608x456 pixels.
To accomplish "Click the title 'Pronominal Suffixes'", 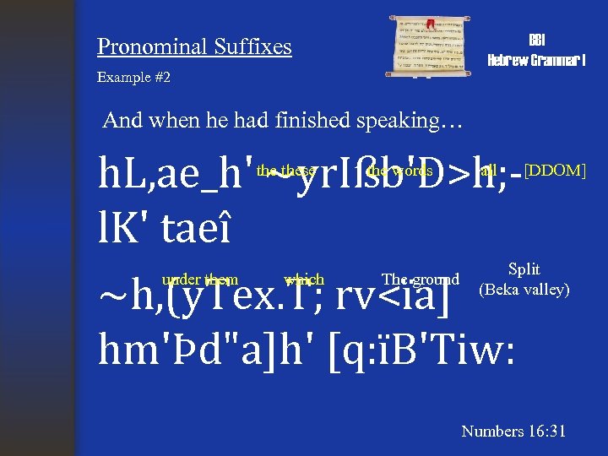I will pos(194,46).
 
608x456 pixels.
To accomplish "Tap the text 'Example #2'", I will pos(133,77).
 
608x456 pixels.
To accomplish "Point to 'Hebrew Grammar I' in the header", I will pos(537,60).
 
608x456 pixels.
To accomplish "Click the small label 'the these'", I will pos(286,171).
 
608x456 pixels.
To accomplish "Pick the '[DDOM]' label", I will pos(555,170).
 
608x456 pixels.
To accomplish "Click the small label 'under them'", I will pos(200,280).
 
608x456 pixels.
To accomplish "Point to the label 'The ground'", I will pos(421,280).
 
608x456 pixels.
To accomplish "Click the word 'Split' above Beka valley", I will pos(524,269).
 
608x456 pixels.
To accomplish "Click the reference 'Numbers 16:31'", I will pos(513,432).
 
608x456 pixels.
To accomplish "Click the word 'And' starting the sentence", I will pos(120,120).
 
